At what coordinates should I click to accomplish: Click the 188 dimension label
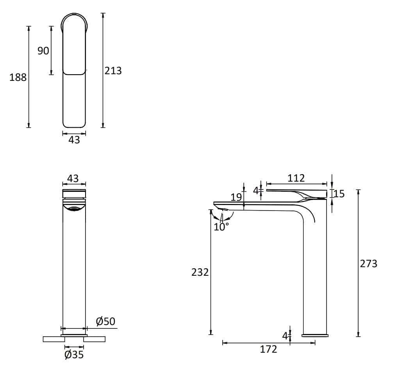click(18, 77)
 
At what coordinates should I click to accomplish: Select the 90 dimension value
click(43, 51)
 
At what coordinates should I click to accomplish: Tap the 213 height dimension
click(113, 71)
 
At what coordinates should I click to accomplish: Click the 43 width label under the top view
click(74, 140)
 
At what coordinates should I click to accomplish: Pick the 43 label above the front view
click(73, 178)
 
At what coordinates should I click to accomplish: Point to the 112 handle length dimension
click(296, 178)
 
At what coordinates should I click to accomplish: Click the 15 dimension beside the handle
click(339, 194)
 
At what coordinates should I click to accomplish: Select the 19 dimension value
click(236, 197)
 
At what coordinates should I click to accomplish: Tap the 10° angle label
click(221, 227)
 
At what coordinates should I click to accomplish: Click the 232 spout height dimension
click(200, 272)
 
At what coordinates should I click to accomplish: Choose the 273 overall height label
click(369, 264)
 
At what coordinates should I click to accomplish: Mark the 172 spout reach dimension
click(269, 349)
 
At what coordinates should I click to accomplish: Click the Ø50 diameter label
click(105, 321)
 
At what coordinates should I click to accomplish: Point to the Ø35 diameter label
click(74, 355)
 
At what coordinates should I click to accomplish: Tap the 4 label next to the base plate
click(285, 336)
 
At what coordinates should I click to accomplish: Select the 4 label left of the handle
click(255, 191)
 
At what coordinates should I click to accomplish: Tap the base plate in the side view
click(315, 335)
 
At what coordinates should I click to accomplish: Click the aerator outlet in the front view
click(74, 209)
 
